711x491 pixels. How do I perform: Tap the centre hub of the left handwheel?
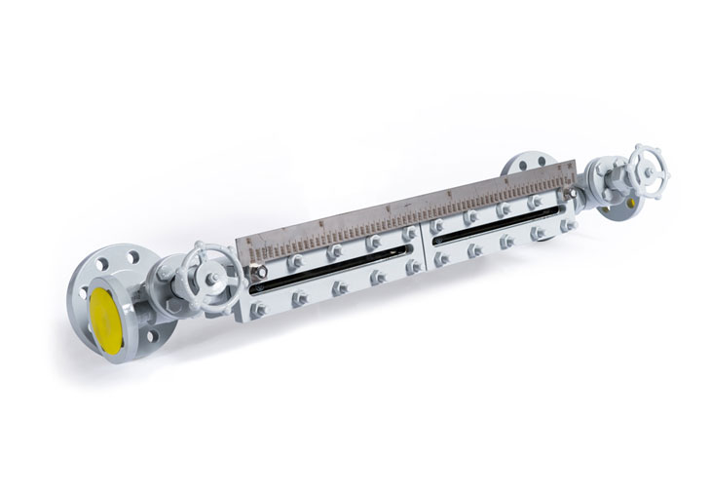(210, 276)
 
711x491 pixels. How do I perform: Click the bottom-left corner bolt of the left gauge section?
(258, 310)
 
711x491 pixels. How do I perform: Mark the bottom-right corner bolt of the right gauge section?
(570, 226)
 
